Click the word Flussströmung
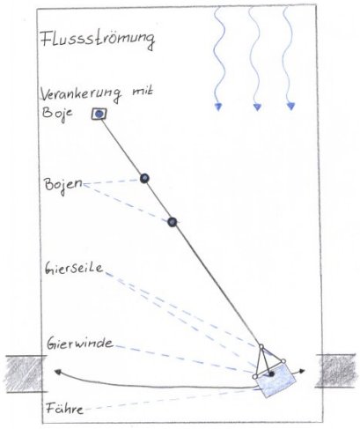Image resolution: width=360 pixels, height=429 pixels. click(98, 40)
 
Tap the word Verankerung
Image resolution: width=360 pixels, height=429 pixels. click(81, 94)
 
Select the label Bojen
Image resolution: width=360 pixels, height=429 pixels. click(63, 185)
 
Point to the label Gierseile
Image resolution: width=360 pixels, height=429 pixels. click(74, 269)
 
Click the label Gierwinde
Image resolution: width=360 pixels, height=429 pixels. click(80, 344)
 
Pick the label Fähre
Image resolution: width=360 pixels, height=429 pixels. click(64, 408)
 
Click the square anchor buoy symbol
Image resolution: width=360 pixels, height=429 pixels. click(99, 114)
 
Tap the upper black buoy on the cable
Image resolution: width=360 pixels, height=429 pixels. click(144, 178)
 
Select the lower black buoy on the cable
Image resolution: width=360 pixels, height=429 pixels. click(173, 222)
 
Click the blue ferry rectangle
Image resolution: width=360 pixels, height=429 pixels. click(276, 381)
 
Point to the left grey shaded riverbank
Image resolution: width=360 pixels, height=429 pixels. click(26, 374)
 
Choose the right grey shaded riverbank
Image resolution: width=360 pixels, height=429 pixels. click(337, 371)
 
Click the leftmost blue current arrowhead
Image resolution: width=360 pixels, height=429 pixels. click(217, 107)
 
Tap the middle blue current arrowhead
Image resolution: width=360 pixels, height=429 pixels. click(257, 107)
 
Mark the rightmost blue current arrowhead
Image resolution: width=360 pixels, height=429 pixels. click(290, 106)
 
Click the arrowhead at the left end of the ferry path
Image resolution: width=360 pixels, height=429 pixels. click(57, 372)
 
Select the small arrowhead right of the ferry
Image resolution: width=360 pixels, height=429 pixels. click(302, 371)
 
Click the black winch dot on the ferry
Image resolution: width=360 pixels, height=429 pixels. click(271, 374)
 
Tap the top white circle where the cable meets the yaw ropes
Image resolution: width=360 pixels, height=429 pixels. click(261, 346)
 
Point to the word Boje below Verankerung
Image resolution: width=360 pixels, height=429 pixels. click(57, 114)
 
